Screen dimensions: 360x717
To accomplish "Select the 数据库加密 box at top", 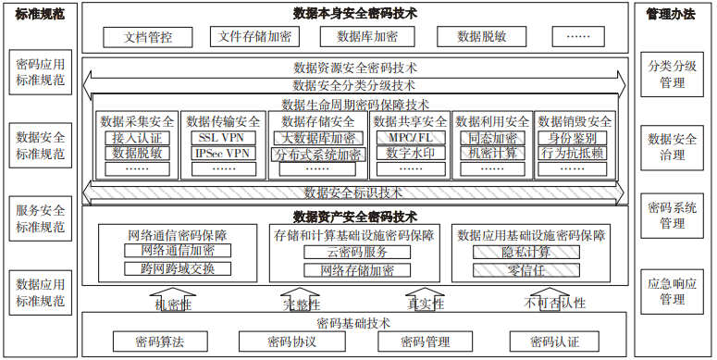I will pos(367,37).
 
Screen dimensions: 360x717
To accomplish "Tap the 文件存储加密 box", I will pos(253,37).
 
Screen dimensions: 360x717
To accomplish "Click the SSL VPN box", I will pos(223,138).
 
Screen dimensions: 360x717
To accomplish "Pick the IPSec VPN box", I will pos(223,153).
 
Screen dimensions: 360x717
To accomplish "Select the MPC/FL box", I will pos(410,138).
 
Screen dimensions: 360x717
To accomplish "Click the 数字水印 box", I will pos(410,153).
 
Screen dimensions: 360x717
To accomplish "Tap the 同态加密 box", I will pos(492,138).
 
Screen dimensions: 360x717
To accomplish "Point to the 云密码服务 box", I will pos(356,252).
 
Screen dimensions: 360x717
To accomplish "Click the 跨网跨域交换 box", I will pos(178,269).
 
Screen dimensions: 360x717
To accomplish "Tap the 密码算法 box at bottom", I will pos(157,341).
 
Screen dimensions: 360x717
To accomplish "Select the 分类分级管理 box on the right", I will pos(672,75).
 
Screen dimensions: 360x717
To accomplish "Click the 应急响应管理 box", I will pos(672,291).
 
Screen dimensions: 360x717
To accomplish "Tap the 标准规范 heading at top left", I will pos(38,14).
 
